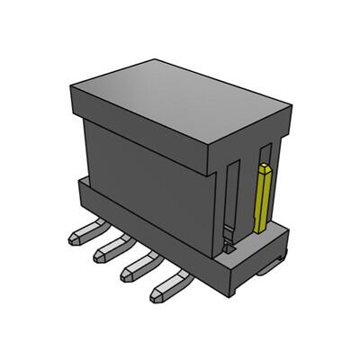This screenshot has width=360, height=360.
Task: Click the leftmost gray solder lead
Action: coord(79,236)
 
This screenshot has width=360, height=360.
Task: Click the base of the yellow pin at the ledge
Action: coord(261,229)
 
